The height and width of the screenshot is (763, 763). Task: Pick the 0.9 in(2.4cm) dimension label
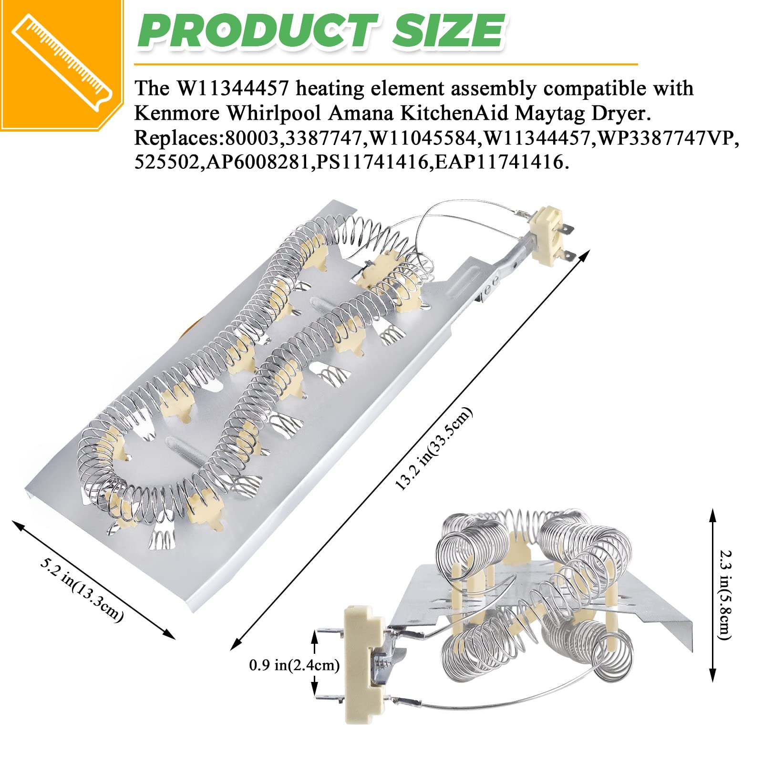[294, 665]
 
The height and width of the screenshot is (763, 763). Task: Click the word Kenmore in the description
[177, 113]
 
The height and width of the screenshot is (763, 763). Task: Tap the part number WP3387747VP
[668, 138]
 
